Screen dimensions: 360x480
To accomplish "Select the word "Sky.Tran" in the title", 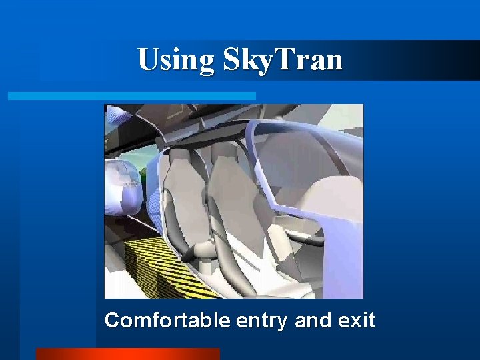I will tap(283, 60).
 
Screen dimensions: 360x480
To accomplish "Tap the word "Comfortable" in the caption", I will tap(168, 321).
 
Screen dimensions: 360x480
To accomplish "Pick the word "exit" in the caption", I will tap(357, 321).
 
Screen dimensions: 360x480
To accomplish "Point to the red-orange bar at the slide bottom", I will tap(127, 354).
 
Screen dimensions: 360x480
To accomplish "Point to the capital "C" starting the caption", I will tap(112, 321).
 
